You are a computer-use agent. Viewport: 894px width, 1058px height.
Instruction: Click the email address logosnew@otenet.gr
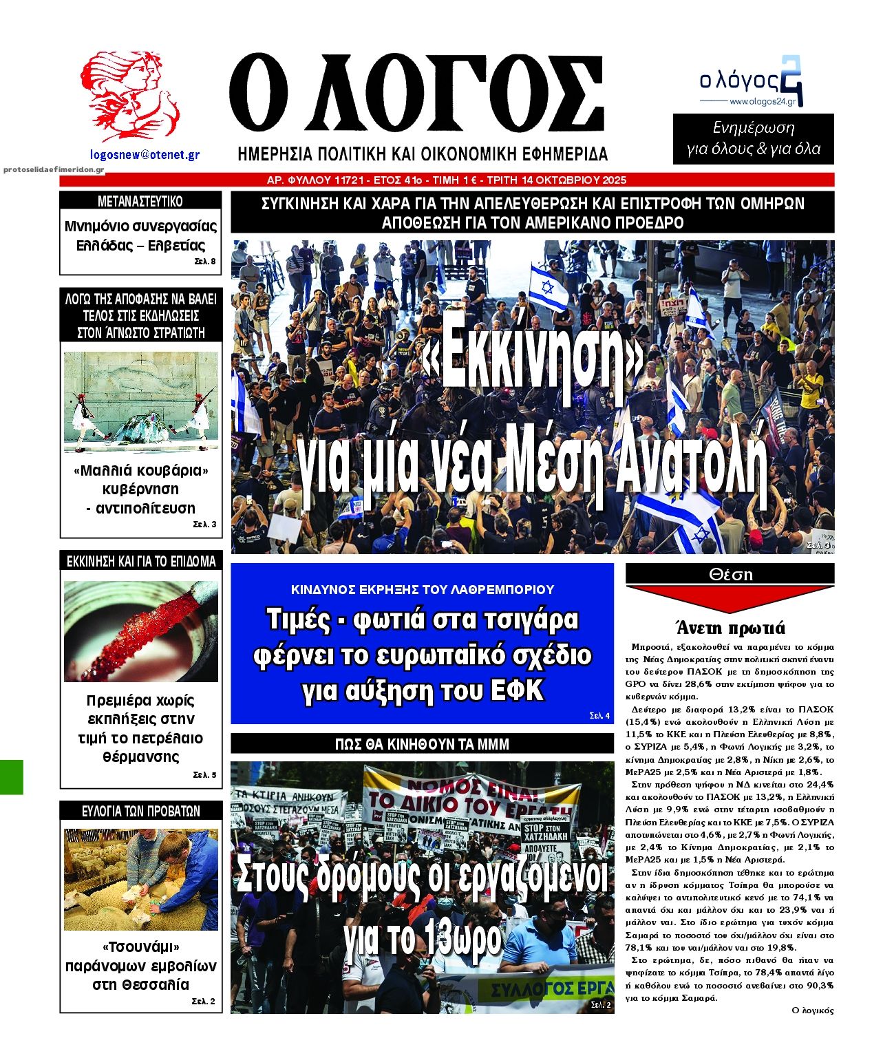(x=145, y=156)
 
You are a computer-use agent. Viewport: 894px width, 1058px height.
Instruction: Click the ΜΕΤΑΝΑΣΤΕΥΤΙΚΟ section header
(x=140, y=202)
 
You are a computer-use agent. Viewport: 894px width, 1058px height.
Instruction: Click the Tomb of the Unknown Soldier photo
(x=141, y=402)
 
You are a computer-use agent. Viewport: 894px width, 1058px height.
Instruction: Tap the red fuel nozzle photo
(x=141, y=631)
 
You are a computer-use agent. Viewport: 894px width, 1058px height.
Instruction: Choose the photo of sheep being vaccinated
(x=141, y=879)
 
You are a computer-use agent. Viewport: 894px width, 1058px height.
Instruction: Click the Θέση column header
(x=730, y=574)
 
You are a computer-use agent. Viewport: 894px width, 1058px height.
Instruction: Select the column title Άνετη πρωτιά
(x=730, y=627)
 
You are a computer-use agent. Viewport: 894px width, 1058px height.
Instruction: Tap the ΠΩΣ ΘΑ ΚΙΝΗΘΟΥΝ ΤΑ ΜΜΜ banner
(x=422, y=743)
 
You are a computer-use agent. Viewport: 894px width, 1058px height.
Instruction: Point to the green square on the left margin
(x=11, y=777)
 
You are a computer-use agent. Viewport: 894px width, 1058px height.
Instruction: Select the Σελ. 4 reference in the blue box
(x=599, y=716)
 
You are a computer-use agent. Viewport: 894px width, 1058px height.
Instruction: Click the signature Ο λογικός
(x=813, y=1011)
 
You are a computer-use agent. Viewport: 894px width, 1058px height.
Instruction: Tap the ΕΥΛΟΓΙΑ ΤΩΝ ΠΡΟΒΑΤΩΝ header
(x=140, y=811)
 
